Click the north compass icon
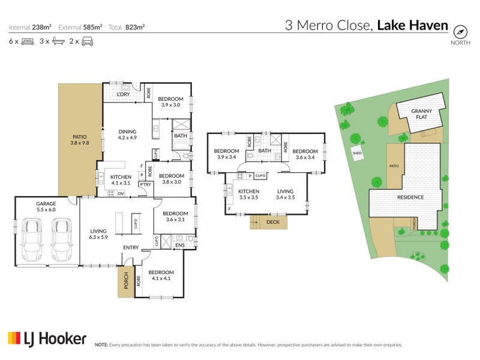click(x=460, y=32)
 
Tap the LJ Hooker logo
click(x=47, y=338)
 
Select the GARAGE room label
click(x=46, y=207)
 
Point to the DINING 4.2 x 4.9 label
click(x=128, y=134)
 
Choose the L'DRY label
click(x=124, y=94)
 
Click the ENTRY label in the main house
click(x=131, y=247)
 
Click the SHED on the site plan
click(x=357, y=152)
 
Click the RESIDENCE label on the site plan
click(x=410, y=197)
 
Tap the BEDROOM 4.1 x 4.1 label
click(x=161, y=275)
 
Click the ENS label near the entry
click(x=180, y=245)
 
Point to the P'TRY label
click(x=145, y=185)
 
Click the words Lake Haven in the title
click(x=412, y=25)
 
